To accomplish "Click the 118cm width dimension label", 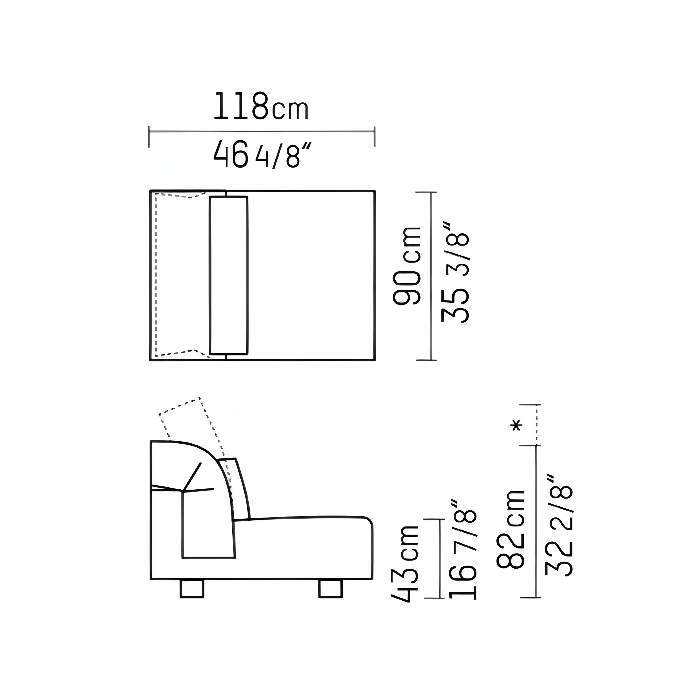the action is tap(261, 106).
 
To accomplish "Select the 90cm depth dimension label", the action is tap(407, 265).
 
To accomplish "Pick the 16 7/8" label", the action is tap(462, 549).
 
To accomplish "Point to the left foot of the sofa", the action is tap(192, 589).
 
